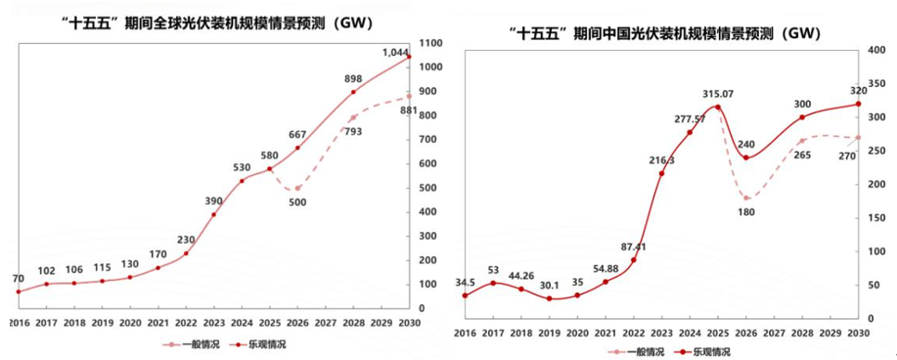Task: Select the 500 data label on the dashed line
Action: point(297,202)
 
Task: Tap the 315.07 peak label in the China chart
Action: point(717,94)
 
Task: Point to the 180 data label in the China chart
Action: point(746,211)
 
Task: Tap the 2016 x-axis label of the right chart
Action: point(465,333)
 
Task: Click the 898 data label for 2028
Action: point(352,79)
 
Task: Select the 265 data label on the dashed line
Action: point(802,154)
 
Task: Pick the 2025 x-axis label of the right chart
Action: point(717,333)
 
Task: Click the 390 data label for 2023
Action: point(212,201)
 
